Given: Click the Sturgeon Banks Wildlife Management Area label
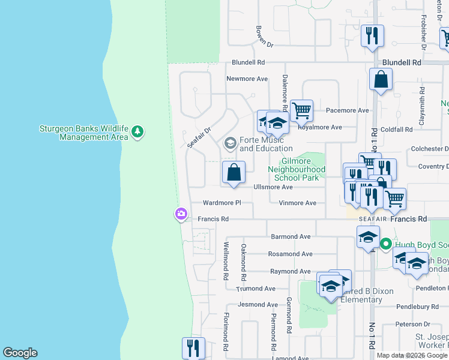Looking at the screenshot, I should coord(84,132).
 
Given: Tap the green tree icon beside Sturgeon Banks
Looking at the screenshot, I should coord(137,131).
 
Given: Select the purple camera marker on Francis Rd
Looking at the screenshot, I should coord(181,214).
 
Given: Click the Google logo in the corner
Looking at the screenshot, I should coord(20,353).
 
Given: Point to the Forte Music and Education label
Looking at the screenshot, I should coord(265,144).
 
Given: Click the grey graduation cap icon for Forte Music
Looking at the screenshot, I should coord(229,143).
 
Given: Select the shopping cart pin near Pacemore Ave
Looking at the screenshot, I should coord(301,110).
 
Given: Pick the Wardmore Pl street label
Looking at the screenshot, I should coord(221,203).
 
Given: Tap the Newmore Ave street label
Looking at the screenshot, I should coord(247,79).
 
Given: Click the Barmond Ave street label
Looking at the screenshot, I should coord(291,236).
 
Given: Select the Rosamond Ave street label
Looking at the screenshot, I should coord(290,254).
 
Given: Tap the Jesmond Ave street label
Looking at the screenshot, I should coord(258,305).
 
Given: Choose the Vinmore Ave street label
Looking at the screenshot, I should coord(297,203).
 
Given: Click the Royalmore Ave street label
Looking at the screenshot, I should coord(320,127).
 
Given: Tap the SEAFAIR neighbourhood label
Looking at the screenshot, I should coord(371,219).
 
